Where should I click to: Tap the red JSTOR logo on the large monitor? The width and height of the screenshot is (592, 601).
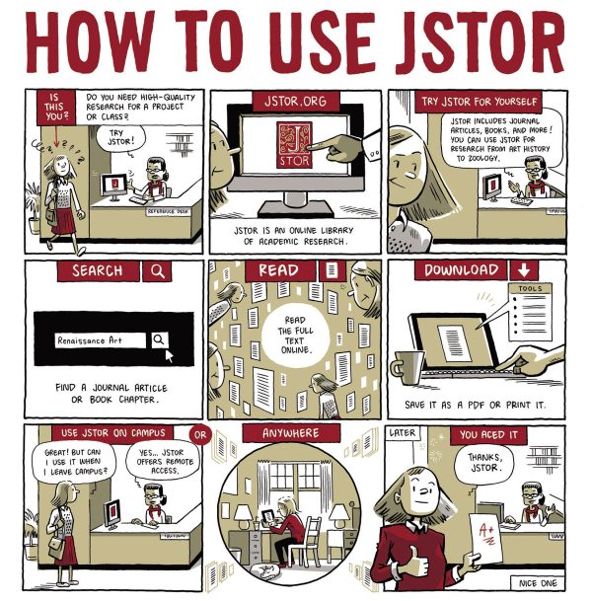[x=294, y=145]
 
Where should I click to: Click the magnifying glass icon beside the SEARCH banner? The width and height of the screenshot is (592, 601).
[x=157, y=271]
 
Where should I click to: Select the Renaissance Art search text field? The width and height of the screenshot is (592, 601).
[x=100, y=340]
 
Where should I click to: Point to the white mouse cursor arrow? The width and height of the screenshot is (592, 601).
[x=169, y=355]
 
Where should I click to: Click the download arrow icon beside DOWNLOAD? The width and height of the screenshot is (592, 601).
[x=524, y=270]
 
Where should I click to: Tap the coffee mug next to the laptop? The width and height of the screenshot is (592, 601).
[x=407, y=367]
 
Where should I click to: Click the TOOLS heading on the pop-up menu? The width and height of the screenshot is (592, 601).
[x=530, y=288]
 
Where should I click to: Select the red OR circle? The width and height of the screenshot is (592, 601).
[x=200, y=435]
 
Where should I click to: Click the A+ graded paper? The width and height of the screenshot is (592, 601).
[x=485, y=539]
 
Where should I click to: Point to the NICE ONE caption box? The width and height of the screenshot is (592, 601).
[x=538, y=583]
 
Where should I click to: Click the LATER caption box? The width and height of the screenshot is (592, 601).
[x=403, y=433]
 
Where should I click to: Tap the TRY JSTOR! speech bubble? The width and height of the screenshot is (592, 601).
[x=121, y=138]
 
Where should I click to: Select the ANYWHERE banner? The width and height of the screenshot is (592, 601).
[x=291, y=433]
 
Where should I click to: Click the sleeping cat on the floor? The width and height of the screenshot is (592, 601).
[x=267, y=570]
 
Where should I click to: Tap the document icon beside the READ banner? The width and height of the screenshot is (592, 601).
[x=332, y=270]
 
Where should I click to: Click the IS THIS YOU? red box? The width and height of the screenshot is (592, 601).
[x=56, y=108]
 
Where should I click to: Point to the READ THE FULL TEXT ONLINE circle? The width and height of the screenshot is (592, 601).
[x=295, y=335]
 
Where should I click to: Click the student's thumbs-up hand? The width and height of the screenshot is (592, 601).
[x=416, y=560]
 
